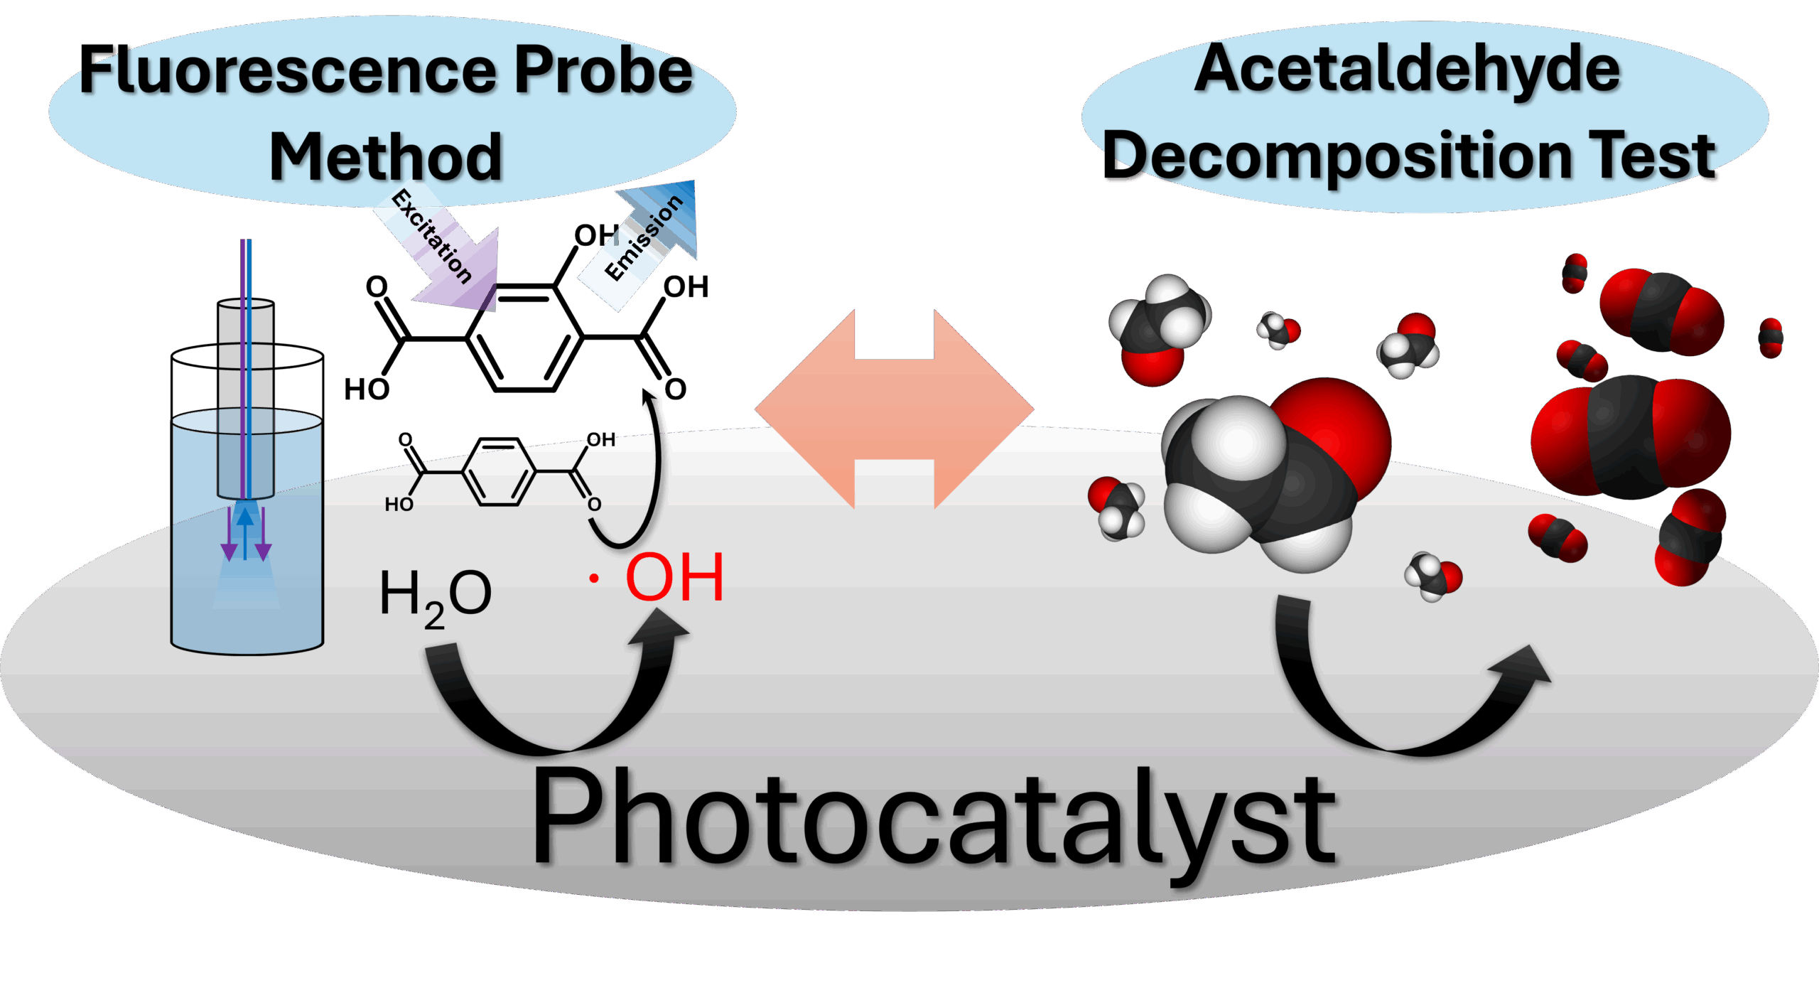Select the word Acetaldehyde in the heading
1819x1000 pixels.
coord(1407,70)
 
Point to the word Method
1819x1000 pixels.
coord(386,158)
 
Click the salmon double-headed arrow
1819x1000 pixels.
coord(895,409)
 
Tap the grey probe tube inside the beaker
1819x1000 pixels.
coord(245,398)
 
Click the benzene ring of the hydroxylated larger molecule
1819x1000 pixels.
coord(526,338)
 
